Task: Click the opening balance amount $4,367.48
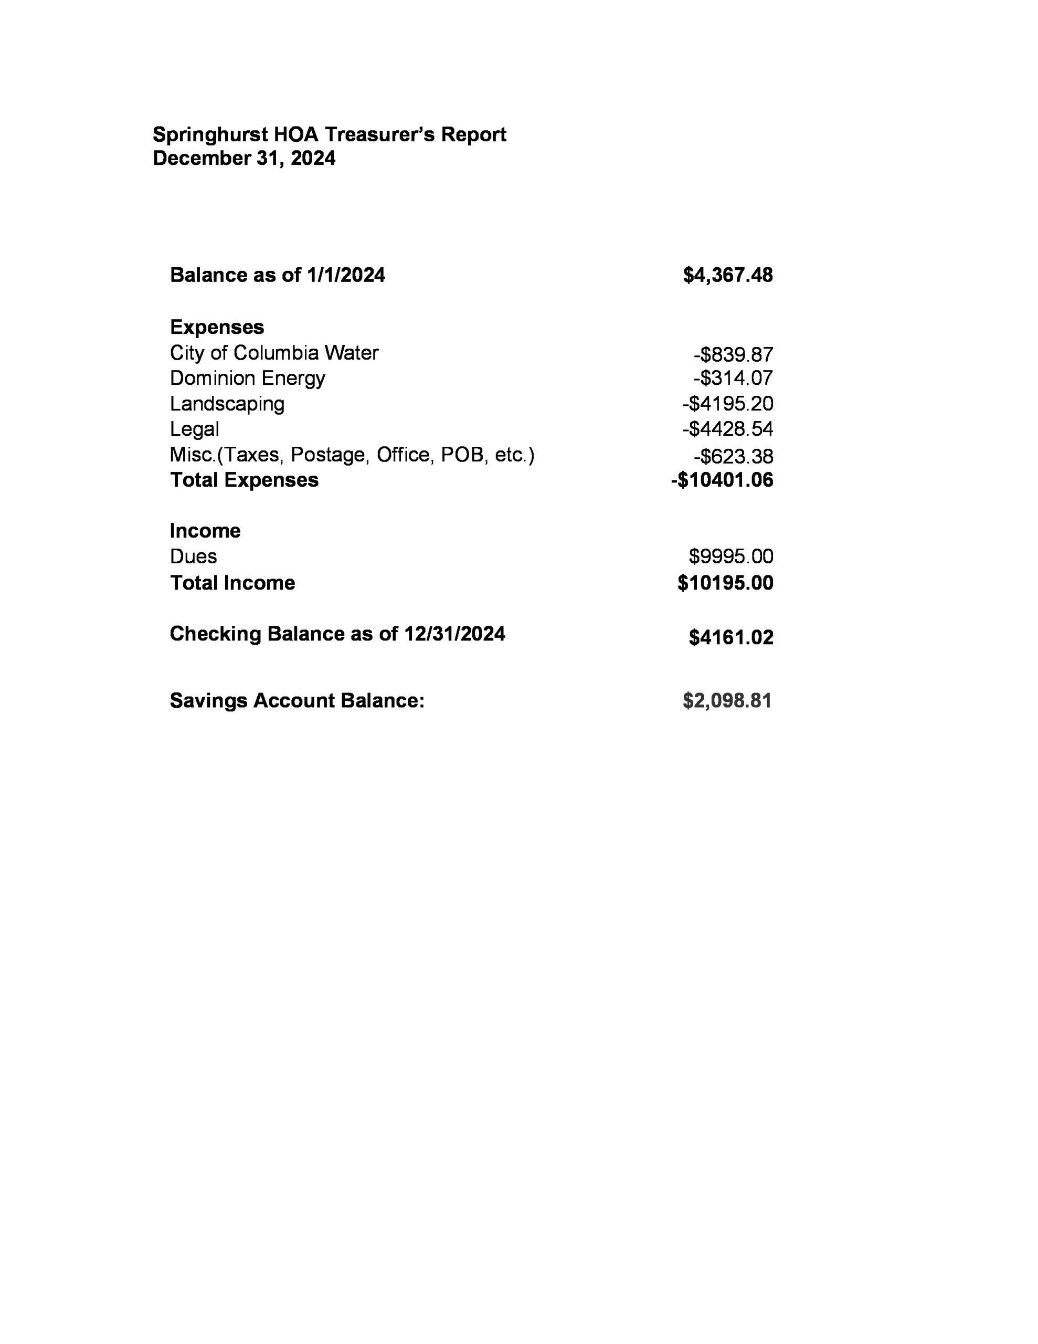click(x=727, y=275)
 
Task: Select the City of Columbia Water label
click(x=274, y=353)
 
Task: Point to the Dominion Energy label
click(x=247, y=378)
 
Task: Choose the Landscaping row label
click(x=227, y=404)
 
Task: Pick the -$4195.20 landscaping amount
click(x=727, y=404)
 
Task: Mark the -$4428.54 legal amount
click(x=727, y=429)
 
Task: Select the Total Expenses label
click(x=244, y=480)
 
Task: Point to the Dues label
click(x=193, y=556)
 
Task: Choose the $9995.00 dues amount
click(x=730, y=556)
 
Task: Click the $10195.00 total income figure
click(x=725, y=583)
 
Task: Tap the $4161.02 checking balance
click(x=730, y=637)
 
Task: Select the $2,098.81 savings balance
click(x=727, y=700)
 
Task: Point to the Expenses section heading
click(x=217, y=327)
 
